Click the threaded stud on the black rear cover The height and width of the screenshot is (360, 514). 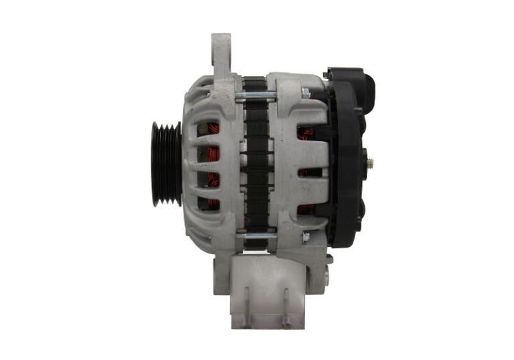pyautogui.click(x=370, y=163)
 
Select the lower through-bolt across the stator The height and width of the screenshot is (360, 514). pyautogui.click(x=254, y=236)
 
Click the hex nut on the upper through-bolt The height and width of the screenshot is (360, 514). pyautogui.click(x=306, y=93)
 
